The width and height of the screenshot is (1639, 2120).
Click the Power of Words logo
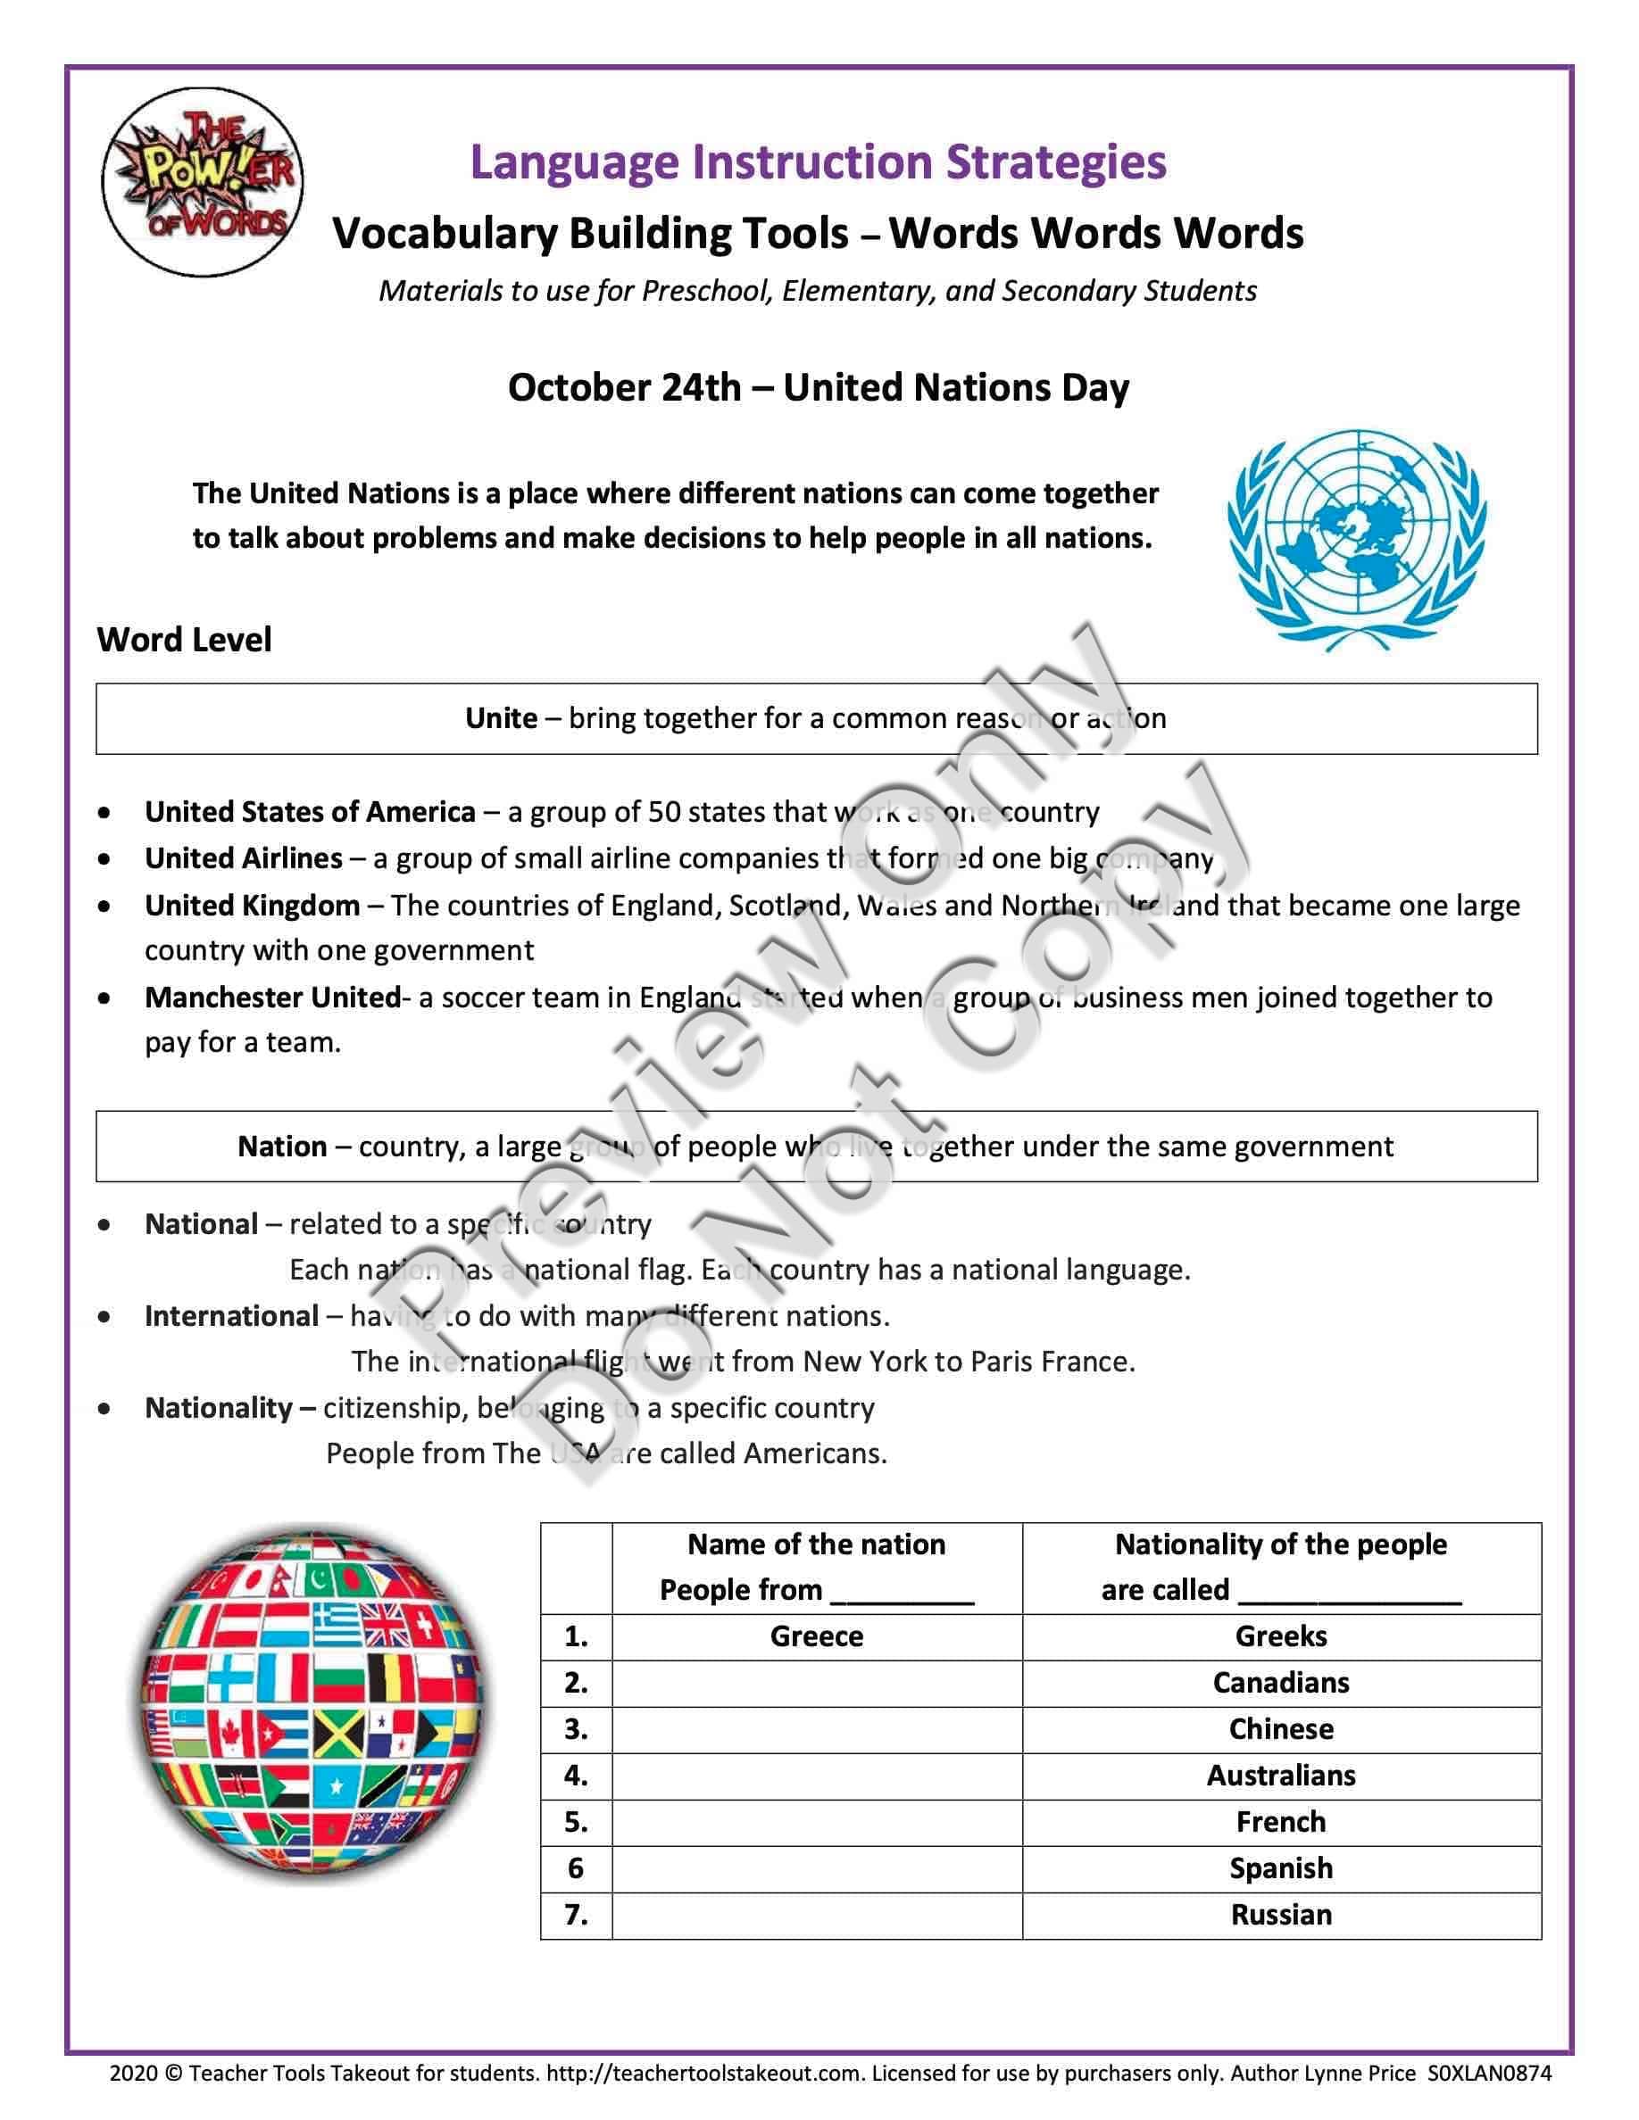202,181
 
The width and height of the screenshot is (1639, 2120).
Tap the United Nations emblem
1356,539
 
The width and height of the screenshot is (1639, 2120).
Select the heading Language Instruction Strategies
818,162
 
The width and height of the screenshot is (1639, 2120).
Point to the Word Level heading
184,640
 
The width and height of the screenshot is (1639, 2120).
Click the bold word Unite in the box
501,718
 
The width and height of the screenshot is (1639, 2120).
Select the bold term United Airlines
244,858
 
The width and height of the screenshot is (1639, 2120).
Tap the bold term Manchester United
272,997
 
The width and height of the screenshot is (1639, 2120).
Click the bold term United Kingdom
253,906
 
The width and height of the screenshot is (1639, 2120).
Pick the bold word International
231,1315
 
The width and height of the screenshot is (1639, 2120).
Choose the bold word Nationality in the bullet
219,1407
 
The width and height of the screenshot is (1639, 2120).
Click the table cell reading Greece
817,1636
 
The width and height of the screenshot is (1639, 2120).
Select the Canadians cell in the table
1281,1682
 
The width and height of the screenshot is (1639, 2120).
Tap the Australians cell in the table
1281,1776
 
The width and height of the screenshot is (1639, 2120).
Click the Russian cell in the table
1281,1914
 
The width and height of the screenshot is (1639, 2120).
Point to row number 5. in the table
576,1822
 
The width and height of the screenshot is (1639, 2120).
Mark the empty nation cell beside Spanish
817,1867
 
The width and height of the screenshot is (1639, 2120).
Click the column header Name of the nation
817,1544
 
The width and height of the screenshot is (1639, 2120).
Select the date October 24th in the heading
623,387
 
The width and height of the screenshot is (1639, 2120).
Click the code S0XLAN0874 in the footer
1488,2074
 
